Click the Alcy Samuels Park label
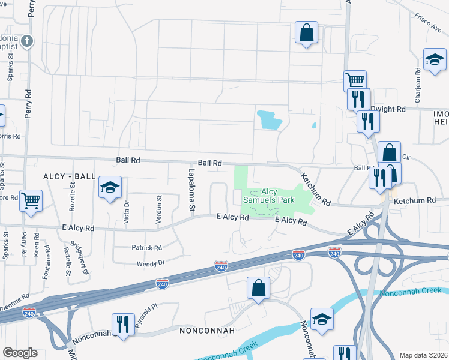[268, 196]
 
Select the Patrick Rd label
[146, 247]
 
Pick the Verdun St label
[159, 208]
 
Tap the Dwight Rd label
[388, 109]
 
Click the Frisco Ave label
[427, 23]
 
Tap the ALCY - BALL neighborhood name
[69, 176]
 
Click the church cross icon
[26, 41]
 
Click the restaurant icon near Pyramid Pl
[123, 324]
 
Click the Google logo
[20, 353]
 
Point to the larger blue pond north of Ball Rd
[269, 120]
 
